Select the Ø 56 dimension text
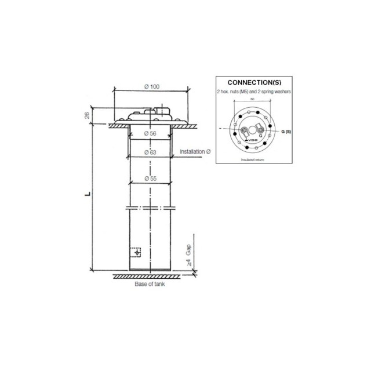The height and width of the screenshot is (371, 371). [150, 134]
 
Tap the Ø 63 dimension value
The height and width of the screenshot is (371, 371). [150, 152]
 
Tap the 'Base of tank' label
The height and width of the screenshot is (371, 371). [150, 285]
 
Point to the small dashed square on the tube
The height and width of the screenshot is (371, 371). [136, 253]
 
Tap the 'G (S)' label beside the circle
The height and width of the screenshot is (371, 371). [285, 132]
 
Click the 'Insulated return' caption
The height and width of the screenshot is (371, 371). [252, 158]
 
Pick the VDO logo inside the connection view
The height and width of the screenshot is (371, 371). [252, 141]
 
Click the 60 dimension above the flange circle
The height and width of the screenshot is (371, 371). [252, 99]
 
